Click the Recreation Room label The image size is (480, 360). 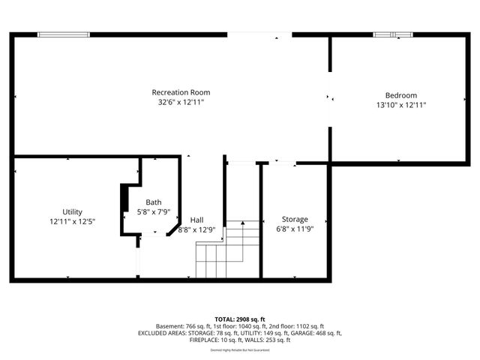[181, 92]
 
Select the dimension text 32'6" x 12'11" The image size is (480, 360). [181, 102]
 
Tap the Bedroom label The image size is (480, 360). [400, 95]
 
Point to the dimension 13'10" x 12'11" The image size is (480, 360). [400, 105]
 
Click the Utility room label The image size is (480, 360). [73, 211]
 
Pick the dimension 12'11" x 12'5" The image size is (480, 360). [73, 221]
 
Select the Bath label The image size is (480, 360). [153, 202]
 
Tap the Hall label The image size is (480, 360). [196, 220]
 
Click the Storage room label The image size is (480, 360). [295, 219]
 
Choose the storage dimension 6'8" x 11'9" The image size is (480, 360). [295, 229]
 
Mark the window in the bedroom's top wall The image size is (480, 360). [394, 34]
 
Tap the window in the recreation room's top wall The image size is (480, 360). [64, 34]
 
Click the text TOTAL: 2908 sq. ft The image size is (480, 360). [239, 319]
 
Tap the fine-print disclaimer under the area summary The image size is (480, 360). [239, 348]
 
